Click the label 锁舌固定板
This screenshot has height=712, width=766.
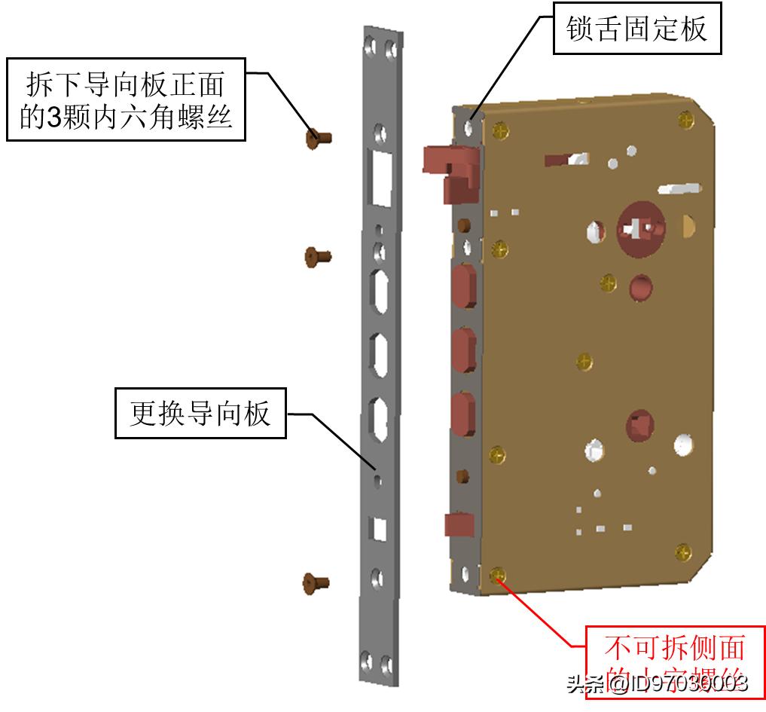[x=636, y=29]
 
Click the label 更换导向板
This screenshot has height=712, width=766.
[x=200, y=414]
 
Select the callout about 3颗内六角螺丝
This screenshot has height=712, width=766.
[x=126, y=100]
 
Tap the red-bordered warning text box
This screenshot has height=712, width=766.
[x=674, y=661]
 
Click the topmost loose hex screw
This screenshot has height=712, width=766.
[x=319, y=138]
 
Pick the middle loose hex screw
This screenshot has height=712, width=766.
[x=318, y=256]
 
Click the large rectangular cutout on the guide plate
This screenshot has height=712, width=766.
[x=380, y=176]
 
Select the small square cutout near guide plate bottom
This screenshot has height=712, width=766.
[x=380, y=529]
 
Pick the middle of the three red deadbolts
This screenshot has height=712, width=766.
[x=464, y=348]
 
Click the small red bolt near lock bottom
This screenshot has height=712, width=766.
[x=458, y=524]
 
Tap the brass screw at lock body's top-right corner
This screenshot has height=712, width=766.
[x=686, y=119]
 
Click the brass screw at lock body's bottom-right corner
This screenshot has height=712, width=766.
[x=682, y=552]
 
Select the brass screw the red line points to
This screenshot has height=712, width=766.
[x=497, y=576]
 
